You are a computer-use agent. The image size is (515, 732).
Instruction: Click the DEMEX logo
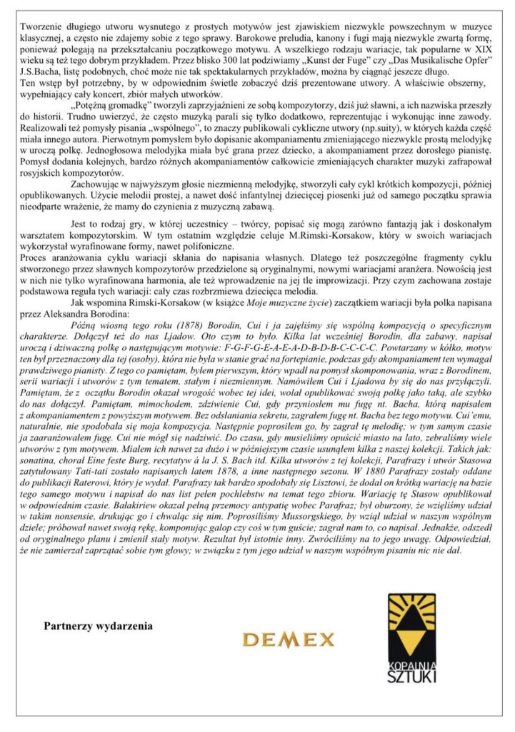point(289,639)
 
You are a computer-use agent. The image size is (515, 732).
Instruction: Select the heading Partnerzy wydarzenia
point(98,625)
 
